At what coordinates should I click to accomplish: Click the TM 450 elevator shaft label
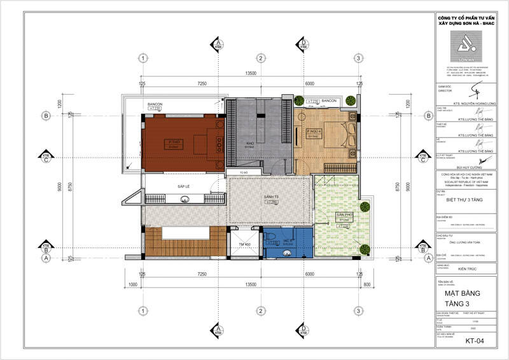tap(245, 244)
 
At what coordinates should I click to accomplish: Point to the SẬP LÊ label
tap(185, 186)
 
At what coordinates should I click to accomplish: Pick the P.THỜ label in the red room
tap(172, 141)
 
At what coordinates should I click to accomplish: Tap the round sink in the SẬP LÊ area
tap(185, 200)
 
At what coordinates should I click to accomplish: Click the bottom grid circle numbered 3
tap(359, 310)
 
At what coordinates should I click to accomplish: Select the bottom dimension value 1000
tap(132, 284)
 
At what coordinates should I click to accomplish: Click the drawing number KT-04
tap(474, 342)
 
